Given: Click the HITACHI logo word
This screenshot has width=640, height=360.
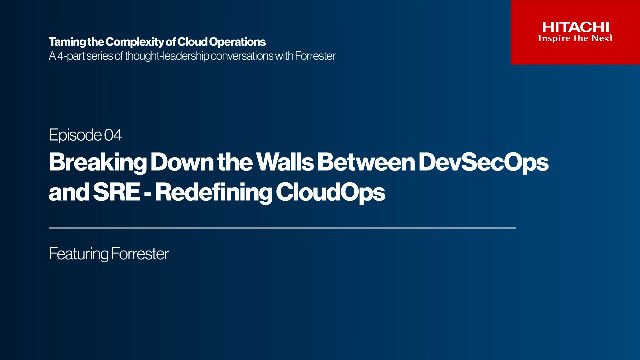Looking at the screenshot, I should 575,26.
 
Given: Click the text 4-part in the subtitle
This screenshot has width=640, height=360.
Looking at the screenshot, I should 71,56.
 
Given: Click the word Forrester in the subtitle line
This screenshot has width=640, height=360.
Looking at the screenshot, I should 314,56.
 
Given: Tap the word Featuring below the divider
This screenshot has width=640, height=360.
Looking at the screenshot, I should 76,254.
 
